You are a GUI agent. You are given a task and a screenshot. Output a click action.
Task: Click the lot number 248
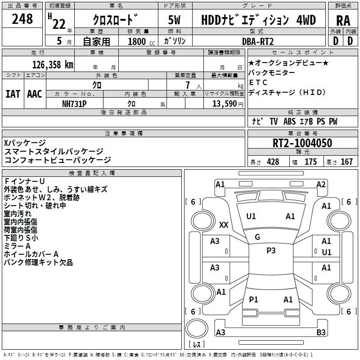[x=22, y=19]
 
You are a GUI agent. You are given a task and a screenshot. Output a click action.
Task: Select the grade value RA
[x=343, y=20]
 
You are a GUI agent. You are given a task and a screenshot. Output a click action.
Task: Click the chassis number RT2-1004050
[x=302, y=144]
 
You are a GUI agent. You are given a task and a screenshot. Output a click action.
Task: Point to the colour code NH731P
[x=75, y=103]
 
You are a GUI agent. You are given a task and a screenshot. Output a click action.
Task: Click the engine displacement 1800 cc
[x=137, y=41]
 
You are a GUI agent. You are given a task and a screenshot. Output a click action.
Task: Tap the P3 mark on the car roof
[x=270, y=251]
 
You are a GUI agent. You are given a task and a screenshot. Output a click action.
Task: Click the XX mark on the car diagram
[x=224, y=225]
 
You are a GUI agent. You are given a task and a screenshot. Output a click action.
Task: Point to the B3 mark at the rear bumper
[x=321, y=333]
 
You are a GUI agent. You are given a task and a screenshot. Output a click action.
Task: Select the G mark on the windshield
[x=257, y=237]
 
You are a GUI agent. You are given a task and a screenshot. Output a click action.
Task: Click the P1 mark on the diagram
[x=254, y=299]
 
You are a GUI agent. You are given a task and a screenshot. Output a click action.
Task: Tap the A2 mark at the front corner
[x=321, y=184]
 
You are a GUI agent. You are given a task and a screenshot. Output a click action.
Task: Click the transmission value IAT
[x=13, y=94]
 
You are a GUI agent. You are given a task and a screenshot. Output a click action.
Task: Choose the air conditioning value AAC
[x=34, y=94]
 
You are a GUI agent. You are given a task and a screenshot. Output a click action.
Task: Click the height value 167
[x=346, y=162]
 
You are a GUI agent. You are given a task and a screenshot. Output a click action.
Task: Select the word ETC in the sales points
[x=258, y=82]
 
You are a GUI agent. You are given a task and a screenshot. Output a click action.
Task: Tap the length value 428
[x=273, y=162]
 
